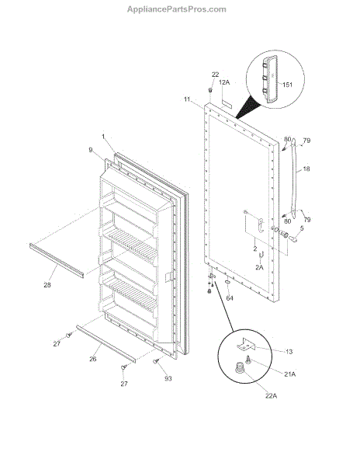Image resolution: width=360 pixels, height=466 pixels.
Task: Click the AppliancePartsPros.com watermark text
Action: [177, 9]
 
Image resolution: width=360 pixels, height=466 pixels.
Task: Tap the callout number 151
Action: [287, 85]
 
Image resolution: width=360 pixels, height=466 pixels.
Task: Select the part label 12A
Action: [224, 82]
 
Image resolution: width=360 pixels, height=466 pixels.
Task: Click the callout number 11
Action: [187, 99]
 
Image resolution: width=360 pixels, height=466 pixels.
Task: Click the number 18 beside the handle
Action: [306, 169]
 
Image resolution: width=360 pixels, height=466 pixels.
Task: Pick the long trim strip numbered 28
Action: [57, 260]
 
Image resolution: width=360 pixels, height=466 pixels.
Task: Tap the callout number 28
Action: [47, 285]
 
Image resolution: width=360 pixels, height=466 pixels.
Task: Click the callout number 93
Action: [168, 379]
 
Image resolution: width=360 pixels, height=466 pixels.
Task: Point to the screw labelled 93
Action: [155, 361]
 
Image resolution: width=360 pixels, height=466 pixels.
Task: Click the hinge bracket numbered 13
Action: [245, 344]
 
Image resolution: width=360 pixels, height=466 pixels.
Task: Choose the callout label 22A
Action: [271, 396]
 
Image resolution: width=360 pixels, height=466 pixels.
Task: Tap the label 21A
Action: [289, 374]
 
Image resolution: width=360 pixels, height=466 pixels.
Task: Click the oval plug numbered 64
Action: [228, 281]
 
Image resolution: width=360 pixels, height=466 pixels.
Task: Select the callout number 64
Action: [230, 298]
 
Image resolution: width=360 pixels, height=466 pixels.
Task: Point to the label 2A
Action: [259, 267]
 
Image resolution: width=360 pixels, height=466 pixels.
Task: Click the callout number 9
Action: [91, 150]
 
